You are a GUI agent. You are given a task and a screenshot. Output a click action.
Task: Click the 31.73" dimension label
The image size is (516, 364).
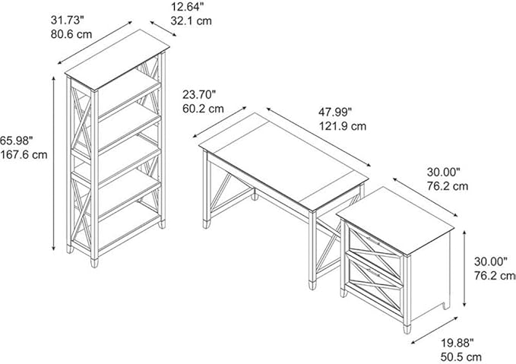point(68,20)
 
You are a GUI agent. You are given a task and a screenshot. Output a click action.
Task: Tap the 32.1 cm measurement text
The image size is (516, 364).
point(192,21)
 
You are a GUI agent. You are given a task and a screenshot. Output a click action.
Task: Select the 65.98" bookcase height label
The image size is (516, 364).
point(17,141)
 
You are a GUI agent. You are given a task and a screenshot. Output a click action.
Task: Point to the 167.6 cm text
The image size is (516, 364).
point(24,154)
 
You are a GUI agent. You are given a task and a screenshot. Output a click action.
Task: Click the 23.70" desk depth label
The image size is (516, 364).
point(199,95)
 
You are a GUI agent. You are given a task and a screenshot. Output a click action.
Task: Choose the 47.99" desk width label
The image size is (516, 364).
point(335,112)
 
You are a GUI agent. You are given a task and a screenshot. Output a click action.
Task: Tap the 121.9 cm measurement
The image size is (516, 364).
point(342,126)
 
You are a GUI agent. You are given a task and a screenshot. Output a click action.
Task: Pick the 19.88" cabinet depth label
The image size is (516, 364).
point(457,343)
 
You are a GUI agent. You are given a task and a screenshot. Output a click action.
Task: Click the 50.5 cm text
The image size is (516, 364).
point(461,356)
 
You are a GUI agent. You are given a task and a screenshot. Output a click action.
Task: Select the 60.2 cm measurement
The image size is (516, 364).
point(203,109)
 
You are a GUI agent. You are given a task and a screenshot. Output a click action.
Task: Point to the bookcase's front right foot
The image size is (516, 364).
point(94,262)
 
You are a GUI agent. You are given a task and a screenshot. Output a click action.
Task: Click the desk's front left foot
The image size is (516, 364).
point(207,224)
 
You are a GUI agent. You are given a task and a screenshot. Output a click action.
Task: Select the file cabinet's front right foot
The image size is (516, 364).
point(407,328)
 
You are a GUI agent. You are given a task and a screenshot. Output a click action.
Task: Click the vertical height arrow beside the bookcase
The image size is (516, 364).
point(54,163)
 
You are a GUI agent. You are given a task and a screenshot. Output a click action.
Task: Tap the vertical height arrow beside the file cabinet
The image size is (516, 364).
point(464,269)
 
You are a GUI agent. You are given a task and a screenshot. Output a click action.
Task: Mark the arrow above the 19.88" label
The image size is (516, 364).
point(435,331)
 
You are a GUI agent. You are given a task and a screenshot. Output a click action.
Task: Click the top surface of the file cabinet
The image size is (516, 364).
point(396,220)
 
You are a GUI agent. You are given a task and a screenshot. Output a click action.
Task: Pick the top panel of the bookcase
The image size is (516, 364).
point(117,59)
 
